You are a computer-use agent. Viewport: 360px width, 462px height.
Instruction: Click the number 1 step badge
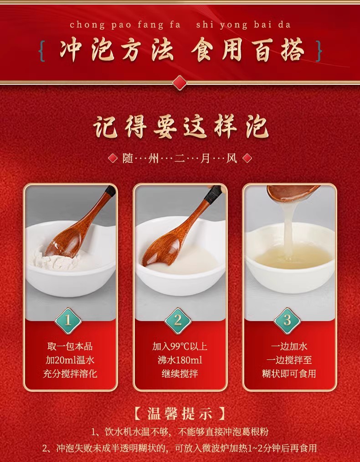click(68, 320)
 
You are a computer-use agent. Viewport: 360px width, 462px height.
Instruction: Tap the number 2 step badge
click(178, 320)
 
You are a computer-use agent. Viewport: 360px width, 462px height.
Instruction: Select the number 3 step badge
click(287, 320)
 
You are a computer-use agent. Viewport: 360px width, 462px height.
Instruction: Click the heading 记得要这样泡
click(180, 126)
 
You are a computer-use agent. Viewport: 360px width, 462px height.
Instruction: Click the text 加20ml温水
click(70, 360)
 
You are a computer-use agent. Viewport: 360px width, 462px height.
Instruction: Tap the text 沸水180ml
click(180, 360)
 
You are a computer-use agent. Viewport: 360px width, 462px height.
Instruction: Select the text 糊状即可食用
click(289, 374)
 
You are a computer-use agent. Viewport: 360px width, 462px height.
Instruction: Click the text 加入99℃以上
click(180, 347)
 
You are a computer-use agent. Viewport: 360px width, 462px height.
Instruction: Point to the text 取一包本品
click(70, 347)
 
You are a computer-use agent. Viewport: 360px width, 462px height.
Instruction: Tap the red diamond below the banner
click(180, 82)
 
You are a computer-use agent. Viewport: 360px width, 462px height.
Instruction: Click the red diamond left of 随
click(113, 158)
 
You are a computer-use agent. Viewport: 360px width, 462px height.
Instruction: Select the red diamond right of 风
click(247, 158)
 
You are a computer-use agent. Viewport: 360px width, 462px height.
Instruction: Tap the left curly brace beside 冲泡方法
click(43, 52)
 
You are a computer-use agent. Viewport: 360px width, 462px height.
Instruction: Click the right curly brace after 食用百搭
click(318, 52)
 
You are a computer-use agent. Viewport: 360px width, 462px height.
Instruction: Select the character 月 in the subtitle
click(206, 158)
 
